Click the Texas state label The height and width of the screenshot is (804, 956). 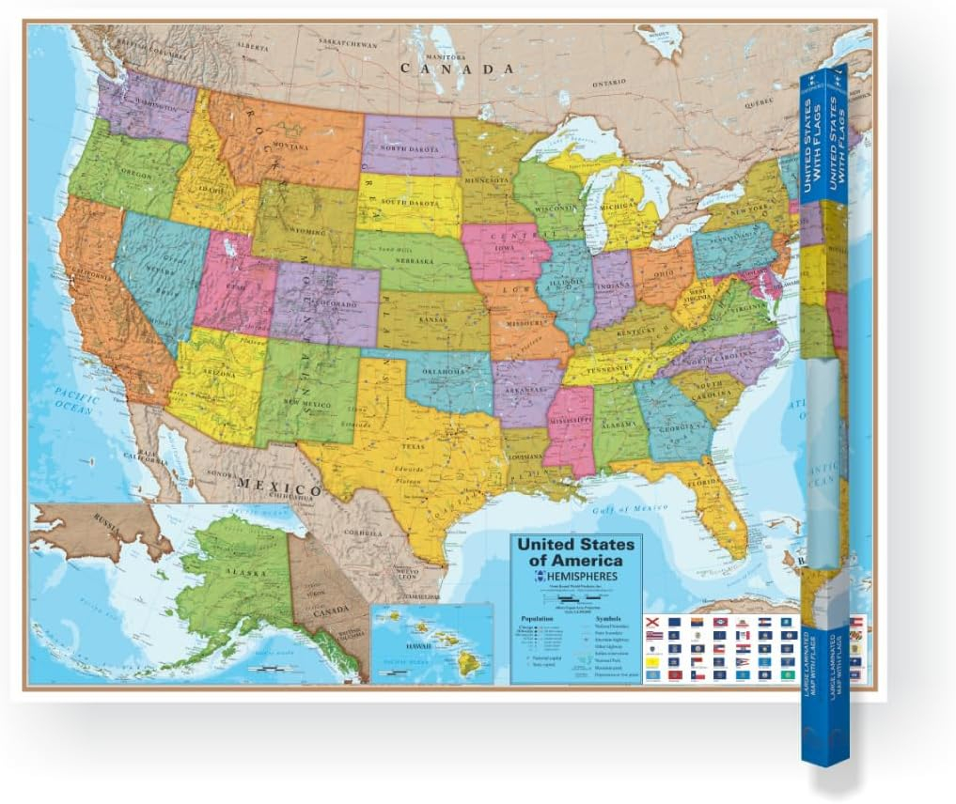tap(415, 447)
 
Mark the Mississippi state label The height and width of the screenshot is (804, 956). tap(569, 424)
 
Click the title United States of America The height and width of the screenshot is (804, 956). tap(577, 552)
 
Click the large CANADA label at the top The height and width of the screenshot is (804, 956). tap(458, 69)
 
